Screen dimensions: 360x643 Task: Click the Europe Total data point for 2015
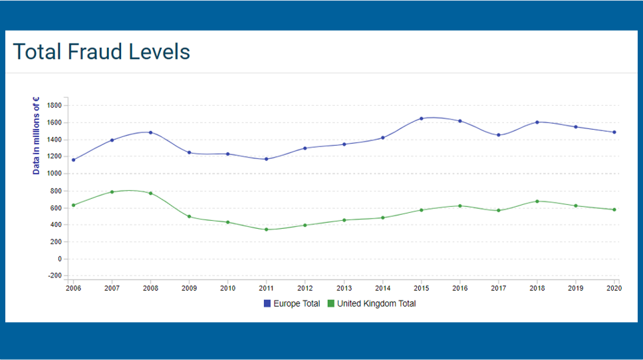421,118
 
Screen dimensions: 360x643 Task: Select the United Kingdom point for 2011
267,230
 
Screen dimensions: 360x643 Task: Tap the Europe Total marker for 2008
151,132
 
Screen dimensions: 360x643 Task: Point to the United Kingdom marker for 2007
112,192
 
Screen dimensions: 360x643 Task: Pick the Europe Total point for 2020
614,132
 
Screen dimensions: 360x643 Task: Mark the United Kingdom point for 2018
537,201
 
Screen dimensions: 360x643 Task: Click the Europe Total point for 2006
74,160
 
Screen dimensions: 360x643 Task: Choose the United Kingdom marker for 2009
190,216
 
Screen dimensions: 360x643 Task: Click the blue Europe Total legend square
267,303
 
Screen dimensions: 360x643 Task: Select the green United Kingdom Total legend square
331,303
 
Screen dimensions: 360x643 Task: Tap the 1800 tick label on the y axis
55,105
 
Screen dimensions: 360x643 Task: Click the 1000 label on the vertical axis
55,174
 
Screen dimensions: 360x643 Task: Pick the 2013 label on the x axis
344,287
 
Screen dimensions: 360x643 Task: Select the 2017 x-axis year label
498,287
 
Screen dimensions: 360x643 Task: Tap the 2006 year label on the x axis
74,287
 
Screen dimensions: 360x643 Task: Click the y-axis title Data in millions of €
37,136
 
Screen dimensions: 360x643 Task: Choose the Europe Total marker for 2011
267,159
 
